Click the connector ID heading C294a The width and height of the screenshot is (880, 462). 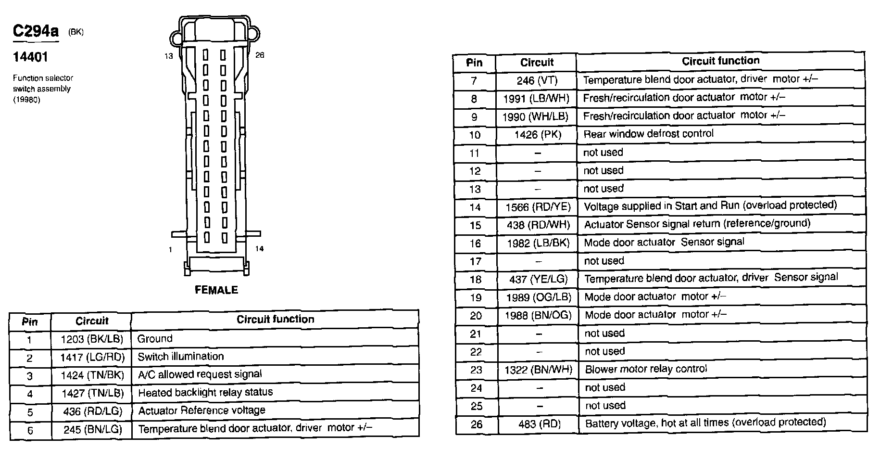[x=36, y=32]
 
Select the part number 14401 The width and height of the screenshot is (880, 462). [x=30, y=57]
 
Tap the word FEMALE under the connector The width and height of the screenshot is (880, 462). [x=216, y=290]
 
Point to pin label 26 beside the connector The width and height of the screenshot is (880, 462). [x=260, y=55]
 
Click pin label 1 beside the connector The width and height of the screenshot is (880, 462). [x=170, y=249]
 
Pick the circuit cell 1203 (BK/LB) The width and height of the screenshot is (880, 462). [x=92, y=339]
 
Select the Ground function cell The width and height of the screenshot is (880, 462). [x=155, y=339]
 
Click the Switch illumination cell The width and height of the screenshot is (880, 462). [x=181, y=357]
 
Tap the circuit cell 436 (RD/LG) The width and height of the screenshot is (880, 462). [x=92, y=411]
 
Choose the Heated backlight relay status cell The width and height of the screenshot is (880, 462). [x=205, y=392]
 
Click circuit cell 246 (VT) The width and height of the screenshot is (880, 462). [x=537, y=80]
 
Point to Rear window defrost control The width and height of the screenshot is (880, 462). [x=648, y=134]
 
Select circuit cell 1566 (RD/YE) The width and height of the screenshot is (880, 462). [x=538, y=207]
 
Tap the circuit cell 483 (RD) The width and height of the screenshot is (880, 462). [x=539, y=424]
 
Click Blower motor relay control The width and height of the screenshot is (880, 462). [x=646, y=369]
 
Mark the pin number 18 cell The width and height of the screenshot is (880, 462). [x=475, y=280]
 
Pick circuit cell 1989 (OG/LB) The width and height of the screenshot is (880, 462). [x=539, y=297]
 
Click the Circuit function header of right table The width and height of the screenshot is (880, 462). [x=720, y=61]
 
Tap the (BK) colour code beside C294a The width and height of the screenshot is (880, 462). [x=75, y=32]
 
